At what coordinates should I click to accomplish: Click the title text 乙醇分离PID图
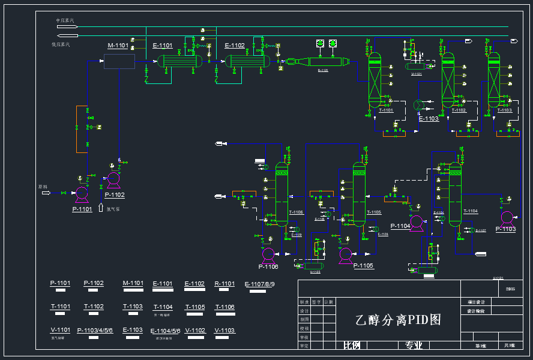point(398,320)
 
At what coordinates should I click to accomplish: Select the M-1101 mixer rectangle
point(119,61)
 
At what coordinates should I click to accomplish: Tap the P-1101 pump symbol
point(82,193)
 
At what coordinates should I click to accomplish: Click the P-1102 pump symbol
point(113,179)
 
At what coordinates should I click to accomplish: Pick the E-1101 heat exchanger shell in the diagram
point(179,61)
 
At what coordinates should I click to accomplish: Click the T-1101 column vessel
point(375,80)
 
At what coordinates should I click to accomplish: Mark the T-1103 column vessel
point(494,80)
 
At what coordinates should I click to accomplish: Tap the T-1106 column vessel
point(282,192)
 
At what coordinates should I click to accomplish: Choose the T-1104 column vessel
point(455,193)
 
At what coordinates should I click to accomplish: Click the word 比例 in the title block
point(352,346)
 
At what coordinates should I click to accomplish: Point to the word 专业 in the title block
point(414,346)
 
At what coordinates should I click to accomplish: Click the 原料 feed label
point(43,187)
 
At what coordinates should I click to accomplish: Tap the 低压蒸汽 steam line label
point(61,44)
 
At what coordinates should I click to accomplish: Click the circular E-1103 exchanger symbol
point(419,104)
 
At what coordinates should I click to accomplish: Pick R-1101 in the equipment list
point(224,284)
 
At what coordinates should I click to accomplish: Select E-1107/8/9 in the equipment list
point(259,284)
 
